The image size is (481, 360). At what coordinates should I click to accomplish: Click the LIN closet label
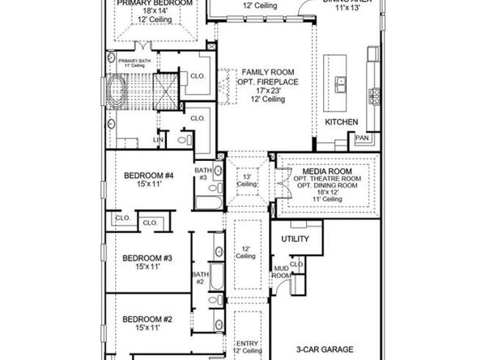point(158,140)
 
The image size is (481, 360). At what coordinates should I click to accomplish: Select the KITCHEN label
point(341,121)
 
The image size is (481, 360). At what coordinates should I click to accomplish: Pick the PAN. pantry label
point(362,138)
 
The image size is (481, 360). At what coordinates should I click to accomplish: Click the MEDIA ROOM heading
point(325,172)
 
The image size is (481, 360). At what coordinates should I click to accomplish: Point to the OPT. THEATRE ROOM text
point(325,181)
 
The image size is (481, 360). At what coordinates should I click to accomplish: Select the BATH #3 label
point(202,173)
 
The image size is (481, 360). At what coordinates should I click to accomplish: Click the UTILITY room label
point(296,240)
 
